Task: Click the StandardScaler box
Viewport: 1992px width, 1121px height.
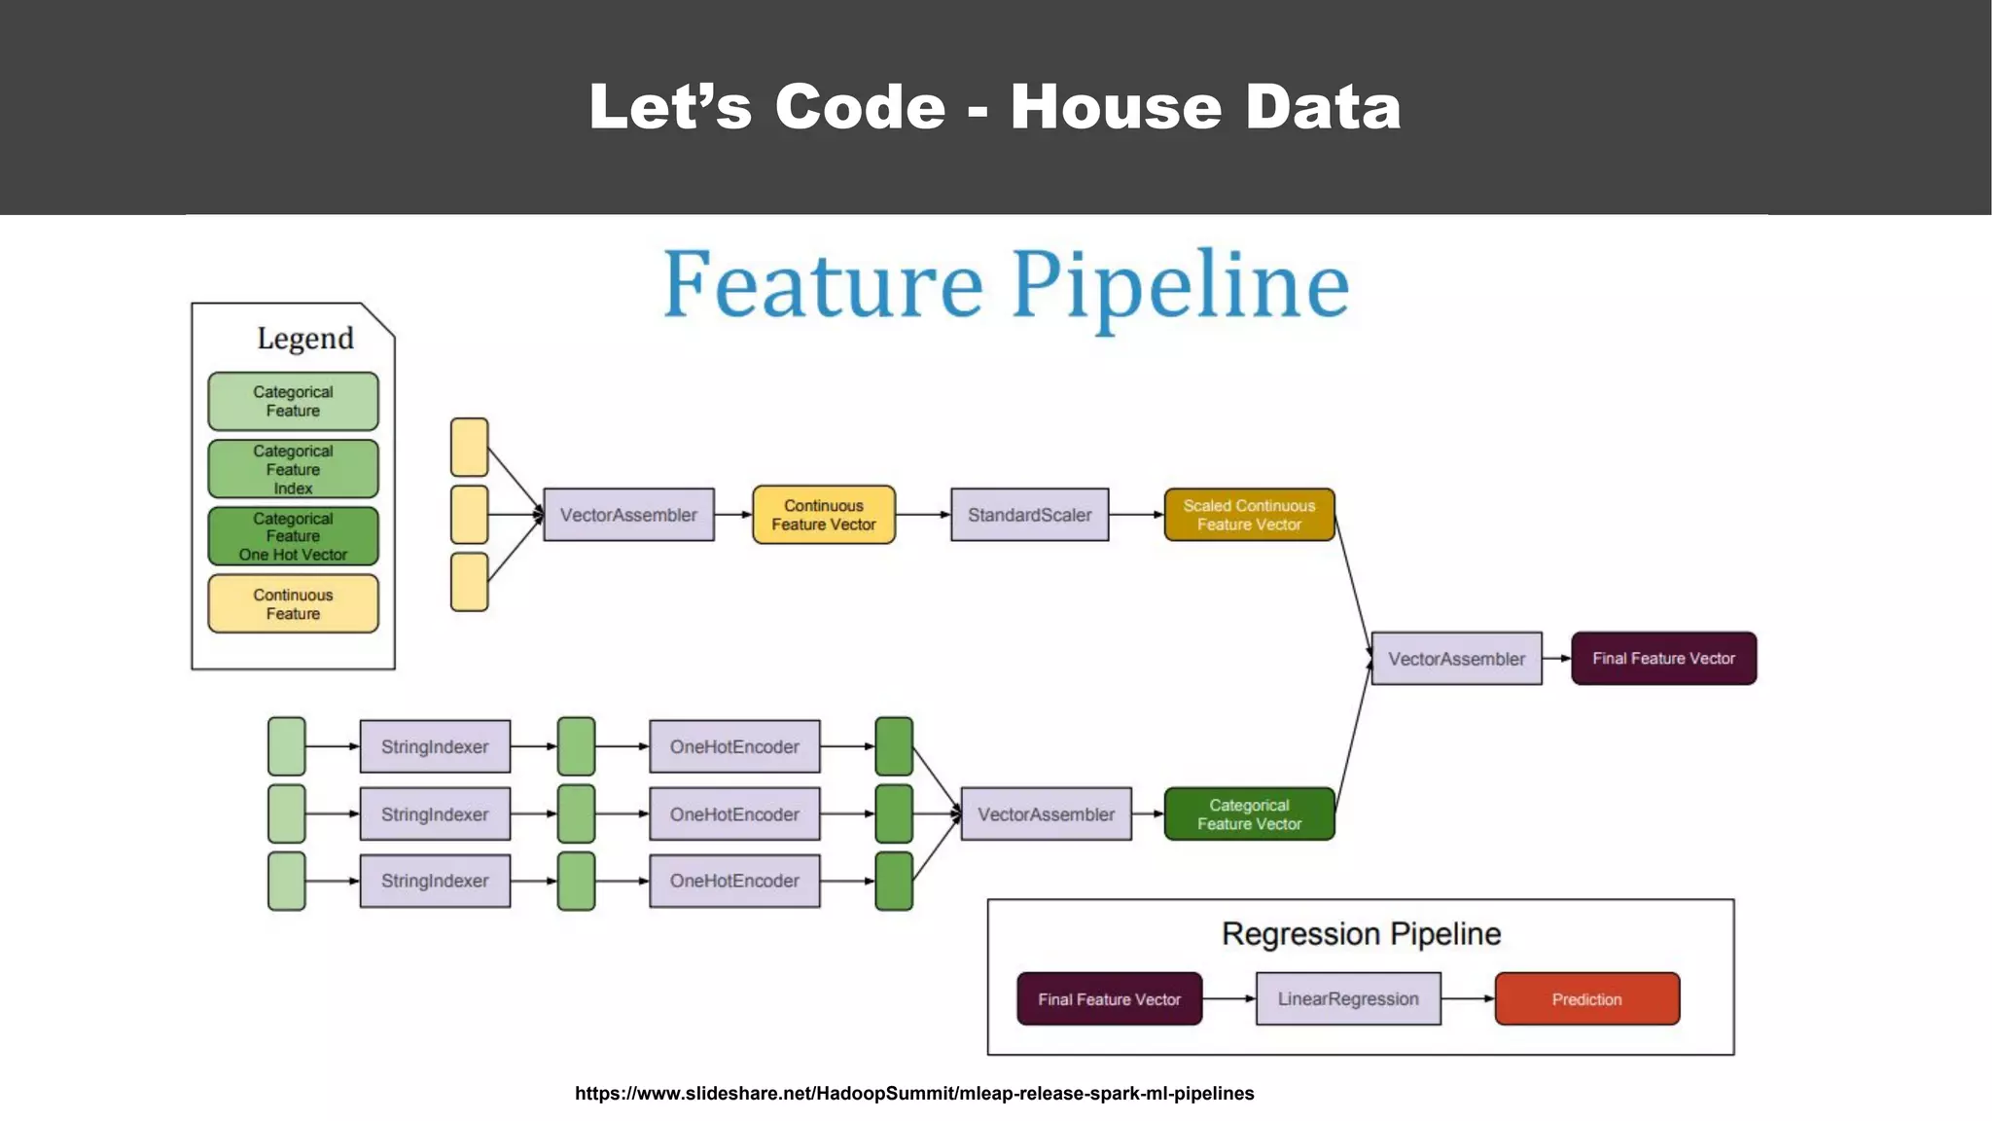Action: (1029, 515)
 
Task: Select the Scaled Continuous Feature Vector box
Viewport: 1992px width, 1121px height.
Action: (1249, 515)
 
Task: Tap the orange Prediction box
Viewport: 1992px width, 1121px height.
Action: (1586, 998)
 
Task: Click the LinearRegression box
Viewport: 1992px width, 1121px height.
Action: (1348, 998)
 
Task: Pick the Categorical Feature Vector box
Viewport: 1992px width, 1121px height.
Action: (1249, 814)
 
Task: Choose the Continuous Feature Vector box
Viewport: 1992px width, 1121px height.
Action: (823, 515)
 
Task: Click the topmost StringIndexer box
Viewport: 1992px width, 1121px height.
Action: (435, 746)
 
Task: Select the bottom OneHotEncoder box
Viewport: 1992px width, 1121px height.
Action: (734, 881)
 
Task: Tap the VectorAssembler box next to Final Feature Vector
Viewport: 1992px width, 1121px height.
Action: (1456, 659)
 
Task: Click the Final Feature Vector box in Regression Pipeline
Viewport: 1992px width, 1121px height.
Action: (1109, 998)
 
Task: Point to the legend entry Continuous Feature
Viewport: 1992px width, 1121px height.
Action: (293, 603)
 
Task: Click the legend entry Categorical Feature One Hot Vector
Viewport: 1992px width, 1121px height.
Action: (293, 536)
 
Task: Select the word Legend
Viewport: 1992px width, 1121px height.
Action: (304, 338)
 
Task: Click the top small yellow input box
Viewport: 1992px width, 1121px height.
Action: (469, 448)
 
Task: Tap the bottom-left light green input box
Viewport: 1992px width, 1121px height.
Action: (286, 881)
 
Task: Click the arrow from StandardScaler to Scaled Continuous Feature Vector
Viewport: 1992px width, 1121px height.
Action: (1136, 515)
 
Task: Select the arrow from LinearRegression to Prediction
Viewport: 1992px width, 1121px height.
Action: (1468, 998)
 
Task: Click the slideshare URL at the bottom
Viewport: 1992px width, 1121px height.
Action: (914, 1093)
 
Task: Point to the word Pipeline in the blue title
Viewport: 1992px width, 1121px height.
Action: (1180, 285)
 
